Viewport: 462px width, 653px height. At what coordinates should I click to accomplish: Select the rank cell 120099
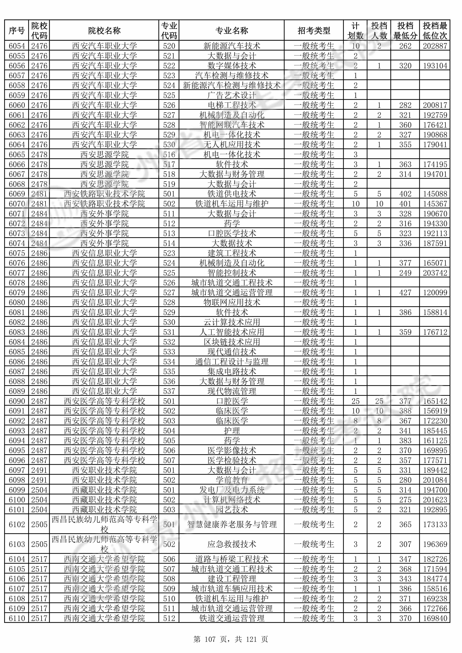(435, 293)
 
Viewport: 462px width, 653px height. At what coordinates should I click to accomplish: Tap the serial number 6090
(17, 401)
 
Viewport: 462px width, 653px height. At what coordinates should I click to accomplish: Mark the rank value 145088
(435, 194)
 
